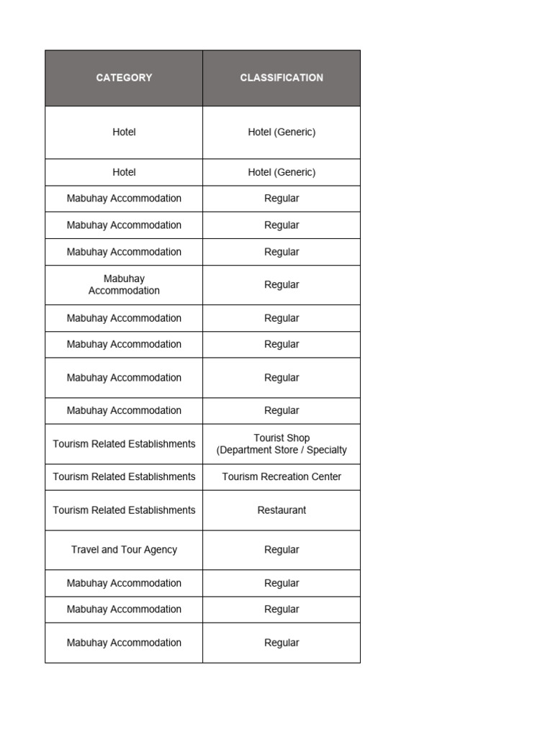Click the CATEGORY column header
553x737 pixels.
(124, 78)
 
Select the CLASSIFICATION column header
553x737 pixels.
(282, 78)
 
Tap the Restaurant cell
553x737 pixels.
(282, 510)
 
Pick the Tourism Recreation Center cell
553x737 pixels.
(282, 476)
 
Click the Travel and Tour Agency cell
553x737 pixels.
(124, 550)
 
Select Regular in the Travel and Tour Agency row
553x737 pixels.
(282, 550)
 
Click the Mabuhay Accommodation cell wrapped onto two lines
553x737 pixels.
(124, 285)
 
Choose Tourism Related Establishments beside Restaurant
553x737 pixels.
(124, 510)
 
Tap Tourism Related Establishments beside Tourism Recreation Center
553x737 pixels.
(124, 476)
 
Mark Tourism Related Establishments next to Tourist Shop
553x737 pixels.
(124, 444)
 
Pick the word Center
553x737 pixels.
(328, 476)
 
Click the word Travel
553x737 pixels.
(84, 550)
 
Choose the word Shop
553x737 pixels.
(297, 438)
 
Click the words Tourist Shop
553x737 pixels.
(282, 438)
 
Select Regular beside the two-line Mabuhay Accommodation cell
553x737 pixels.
(282, 285)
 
